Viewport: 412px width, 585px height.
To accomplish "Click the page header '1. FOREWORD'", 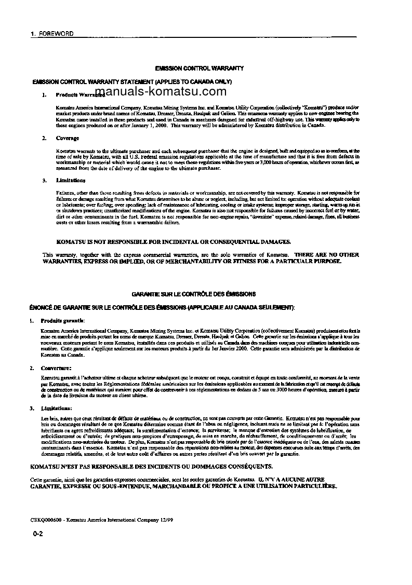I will [x=52, y=34].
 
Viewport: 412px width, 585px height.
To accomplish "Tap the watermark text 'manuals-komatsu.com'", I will [x=161, y=92].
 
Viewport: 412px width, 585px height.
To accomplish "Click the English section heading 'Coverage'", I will [x=68, y=139].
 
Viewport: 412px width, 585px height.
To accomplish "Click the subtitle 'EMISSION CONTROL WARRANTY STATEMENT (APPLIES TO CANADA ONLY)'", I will [x=132, y=82].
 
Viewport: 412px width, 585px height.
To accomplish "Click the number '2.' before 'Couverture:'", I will [x=32, y=368].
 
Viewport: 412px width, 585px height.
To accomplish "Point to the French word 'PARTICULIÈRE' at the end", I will [x=315, y=486].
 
